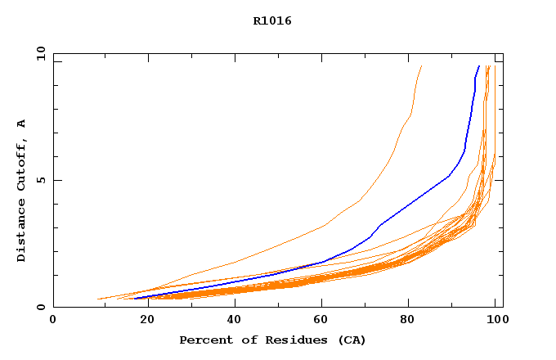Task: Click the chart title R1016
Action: point(272,20)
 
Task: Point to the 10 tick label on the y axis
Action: point(40,53)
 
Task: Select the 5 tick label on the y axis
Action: point(40,180)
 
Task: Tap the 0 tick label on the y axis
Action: point(40,308)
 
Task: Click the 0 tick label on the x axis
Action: point(53,321)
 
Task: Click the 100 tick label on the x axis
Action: point(495,321)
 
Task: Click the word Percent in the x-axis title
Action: point(202,340)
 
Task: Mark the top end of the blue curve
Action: point(479,66)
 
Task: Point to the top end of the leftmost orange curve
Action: point(421,66)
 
